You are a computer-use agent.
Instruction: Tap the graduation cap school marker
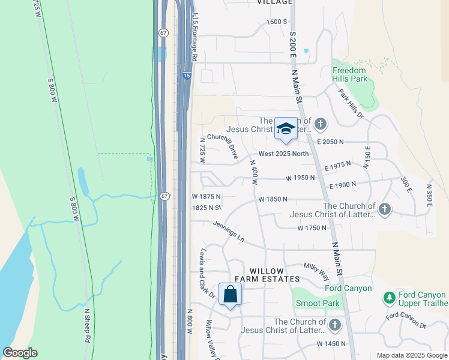pyautogui.click(x=286, y=129)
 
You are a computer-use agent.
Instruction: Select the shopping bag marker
pyautogui.click(x=230, y=294)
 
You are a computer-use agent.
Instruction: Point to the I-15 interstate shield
pyautogui.click(x=187, y=76)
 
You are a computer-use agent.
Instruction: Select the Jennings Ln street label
pyautogui.click(x=229, y=231)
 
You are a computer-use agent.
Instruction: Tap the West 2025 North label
pyautogui.click(x=285, y=154)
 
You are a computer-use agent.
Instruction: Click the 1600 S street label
pyautogui.click(x=277, y=22)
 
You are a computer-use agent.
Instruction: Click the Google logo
pyautogui.click(x=20, y=353)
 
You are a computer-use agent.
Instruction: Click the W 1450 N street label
pyautogui.click(x=331, y=344)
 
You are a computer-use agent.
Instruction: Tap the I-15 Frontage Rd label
pyautogui.click(x=194, y=39)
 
